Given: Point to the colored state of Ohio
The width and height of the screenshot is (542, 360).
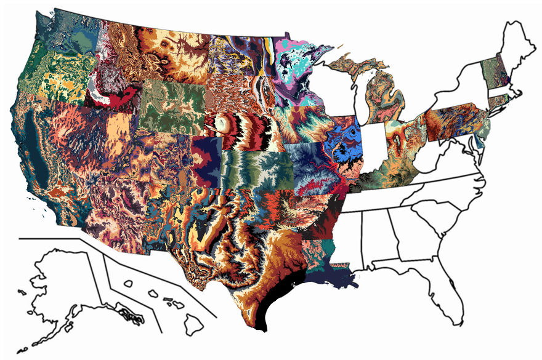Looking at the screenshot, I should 403,135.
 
